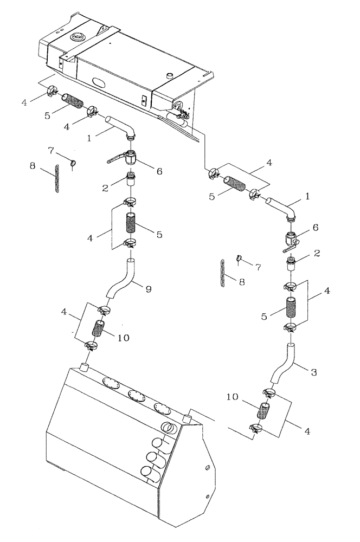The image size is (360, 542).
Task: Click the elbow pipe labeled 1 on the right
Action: (281, 209)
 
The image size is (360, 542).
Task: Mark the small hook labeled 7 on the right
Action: (238, 258)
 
